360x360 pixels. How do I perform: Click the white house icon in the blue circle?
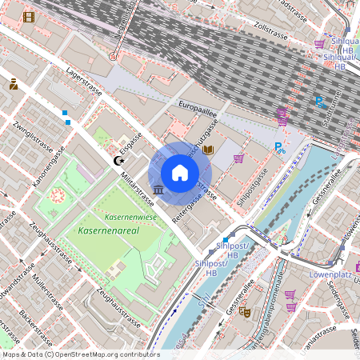pos(180,172)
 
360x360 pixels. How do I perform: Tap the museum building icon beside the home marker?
pos(158,190)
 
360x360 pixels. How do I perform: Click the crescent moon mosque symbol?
pos(120,162)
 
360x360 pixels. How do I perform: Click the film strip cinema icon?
pos(29,17)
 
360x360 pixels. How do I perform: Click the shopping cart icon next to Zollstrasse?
pos(319,44)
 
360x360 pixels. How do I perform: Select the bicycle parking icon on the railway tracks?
pos(319,102)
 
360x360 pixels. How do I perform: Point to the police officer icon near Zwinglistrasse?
pos(14,83)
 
